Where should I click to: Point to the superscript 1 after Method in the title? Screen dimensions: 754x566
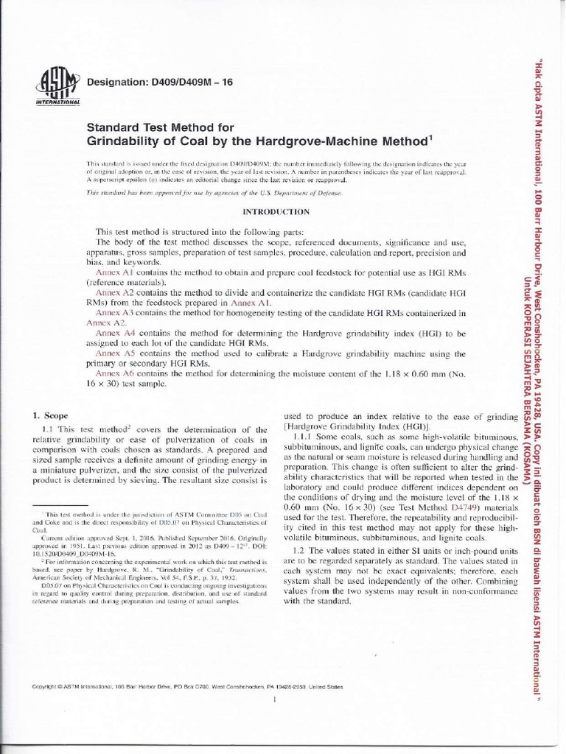[431, 135]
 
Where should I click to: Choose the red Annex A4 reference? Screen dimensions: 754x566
[113, 334]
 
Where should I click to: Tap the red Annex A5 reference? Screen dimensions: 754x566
[113, 354]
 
